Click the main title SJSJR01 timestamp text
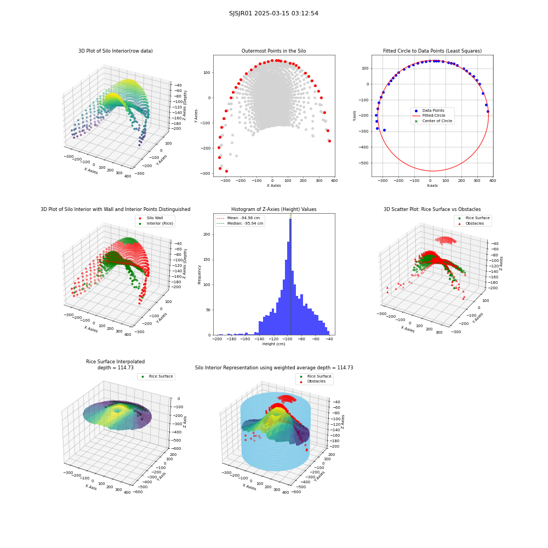pyautogui.click(x=273, y=13)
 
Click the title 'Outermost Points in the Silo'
pyautogui.click(x=273, y=51)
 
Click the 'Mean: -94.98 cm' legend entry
pyautogui.click(x=239, y=218)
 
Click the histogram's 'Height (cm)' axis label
pyautogui.click(x=273, y=344)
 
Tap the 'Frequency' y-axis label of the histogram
pyautogui.click(x=199, y=275)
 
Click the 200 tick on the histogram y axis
pyautogui.click(x=207, y=235)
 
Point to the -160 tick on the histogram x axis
pyautogui.click(x=246, y=339)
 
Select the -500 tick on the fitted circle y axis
pyautogui.click(x=364, y=163)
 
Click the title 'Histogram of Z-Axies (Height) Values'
pyautogui.click(x=273, y=209)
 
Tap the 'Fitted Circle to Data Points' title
pyautogui.click(x=432, y=51)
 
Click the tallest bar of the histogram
pyautogui.click(x=290, y=277)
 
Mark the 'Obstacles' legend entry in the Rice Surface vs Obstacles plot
pyautogui.click(x=474, y=224)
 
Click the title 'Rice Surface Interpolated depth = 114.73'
pyautogui.click(x=115, y=364)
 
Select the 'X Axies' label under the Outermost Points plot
pyautogui.click(x=273, y=186)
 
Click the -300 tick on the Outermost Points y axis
pyautogui.click(x=206, y=173)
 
